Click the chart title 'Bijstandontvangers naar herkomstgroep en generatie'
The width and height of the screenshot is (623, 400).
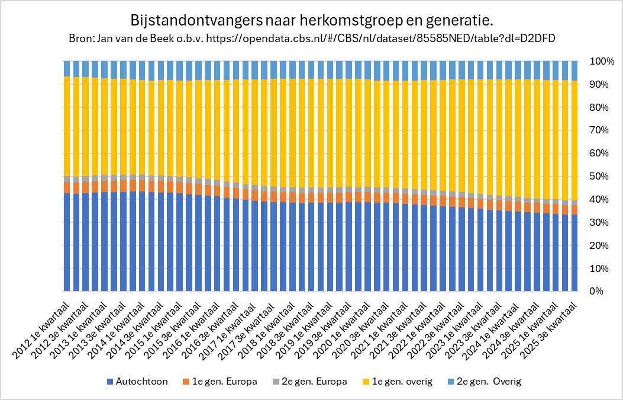tap(311, 21)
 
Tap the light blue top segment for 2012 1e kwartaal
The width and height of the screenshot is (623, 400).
tap(67, 68)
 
